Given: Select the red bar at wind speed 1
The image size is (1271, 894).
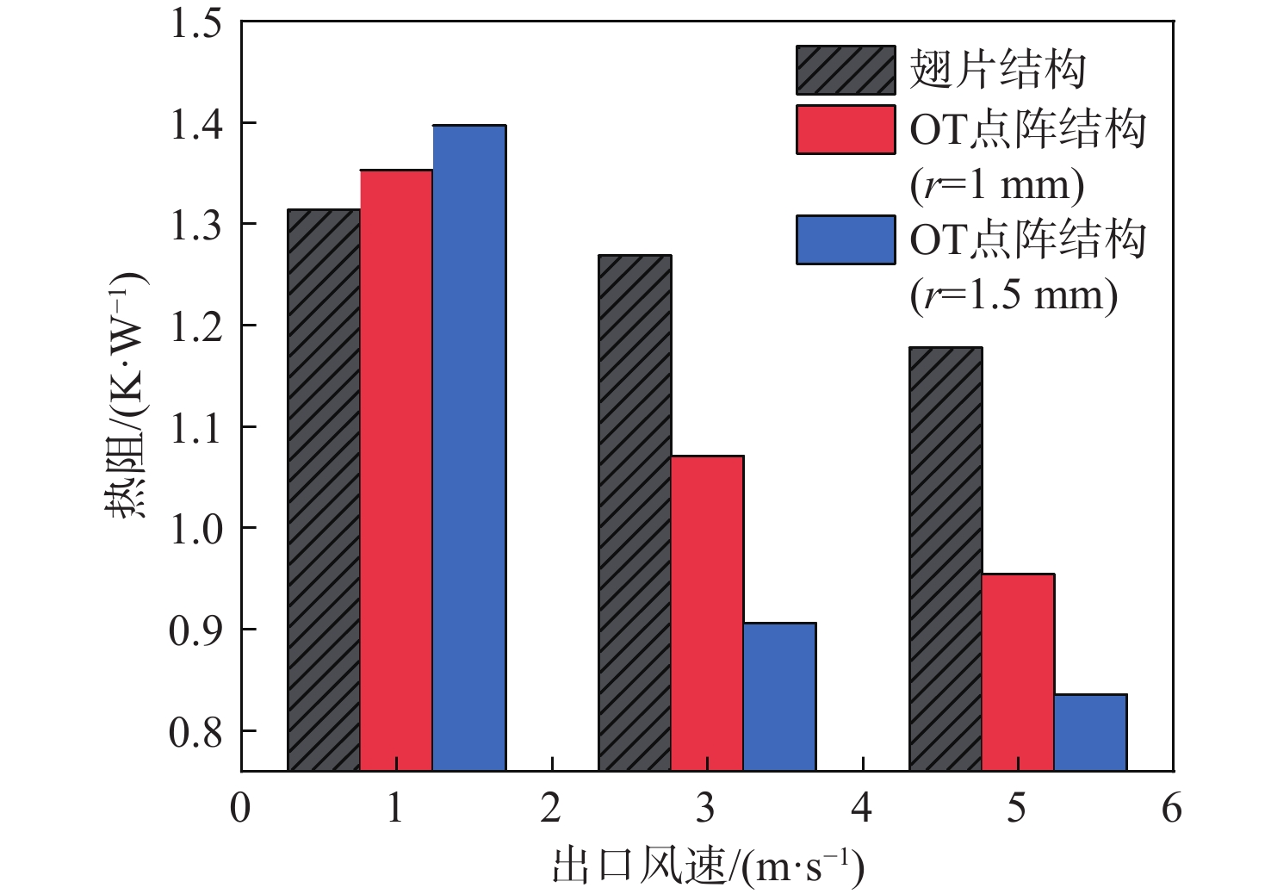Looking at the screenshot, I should (396, 469).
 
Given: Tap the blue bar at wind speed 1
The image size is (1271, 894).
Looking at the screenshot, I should (468, 448).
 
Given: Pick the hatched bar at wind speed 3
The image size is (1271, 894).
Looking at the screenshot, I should (635, 512).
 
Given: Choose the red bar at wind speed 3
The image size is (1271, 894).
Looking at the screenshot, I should (707, 612).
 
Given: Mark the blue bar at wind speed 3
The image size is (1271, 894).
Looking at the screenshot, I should (779, 696).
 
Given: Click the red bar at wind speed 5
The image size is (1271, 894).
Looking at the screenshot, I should (1018, 672).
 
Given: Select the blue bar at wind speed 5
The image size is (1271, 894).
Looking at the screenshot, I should (1090, 732).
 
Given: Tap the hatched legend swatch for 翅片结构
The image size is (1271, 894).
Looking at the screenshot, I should (845, 70).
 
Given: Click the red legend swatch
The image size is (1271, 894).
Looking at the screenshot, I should (845, 130).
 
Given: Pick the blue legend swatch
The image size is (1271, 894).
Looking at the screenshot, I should (845, 239).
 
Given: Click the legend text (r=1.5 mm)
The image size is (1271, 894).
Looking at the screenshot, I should (1014, 295).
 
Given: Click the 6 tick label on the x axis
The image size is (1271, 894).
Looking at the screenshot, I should (1172, 809).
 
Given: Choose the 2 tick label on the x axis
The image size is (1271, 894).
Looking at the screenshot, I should (551, 809).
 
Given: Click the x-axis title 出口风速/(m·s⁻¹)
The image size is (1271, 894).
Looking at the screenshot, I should (707, 866).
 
